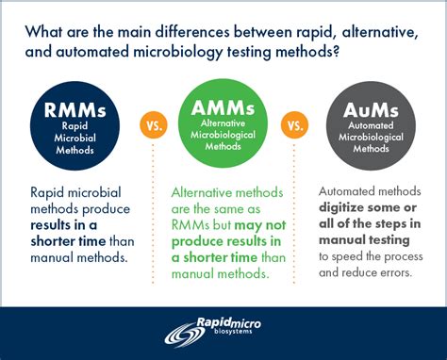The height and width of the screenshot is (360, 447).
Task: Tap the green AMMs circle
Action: point(223,123)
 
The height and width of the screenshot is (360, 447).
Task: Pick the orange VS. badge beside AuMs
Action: point(296,124)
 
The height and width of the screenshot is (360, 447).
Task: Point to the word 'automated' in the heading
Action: point(91,53)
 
